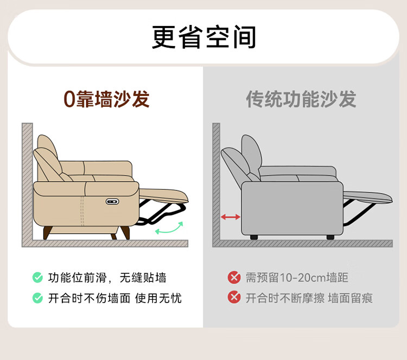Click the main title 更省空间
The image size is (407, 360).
click(203, 37)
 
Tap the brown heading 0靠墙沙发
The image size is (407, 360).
click(106, 99)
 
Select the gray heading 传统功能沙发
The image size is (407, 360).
click(301, 99)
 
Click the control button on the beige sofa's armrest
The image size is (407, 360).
click(112, 202)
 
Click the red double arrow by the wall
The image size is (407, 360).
click(230, 217)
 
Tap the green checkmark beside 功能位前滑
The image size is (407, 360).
click(37, 277)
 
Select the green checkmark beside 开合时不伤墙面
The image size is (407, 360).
click(37, 298)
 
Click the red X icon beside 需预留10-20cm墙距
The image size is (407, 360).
click(234, 277)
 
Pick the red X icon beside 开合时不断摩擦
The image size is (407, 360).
click(234, 297)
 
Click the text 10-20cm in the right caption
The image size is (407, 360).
click(303, 278)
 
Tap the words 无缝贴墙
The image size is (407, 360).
click(143, 278)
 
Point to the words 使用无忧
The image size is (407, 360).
click(158, 298)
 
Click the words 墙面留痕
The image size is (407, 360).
click(351, 298)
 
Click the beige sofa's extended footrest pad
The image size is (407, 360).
click(163, 195)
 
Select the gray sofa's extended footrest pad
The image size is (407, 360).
click(368, 197)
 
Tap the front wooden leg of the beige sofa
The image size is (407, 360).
click(125, 233)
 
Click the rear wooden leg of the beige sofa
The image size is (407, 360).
click(47, 233)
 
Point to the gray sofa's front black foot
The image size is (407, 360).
click(330, 237)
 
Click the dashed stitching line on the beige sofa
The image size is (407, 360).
click(82, 210)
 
